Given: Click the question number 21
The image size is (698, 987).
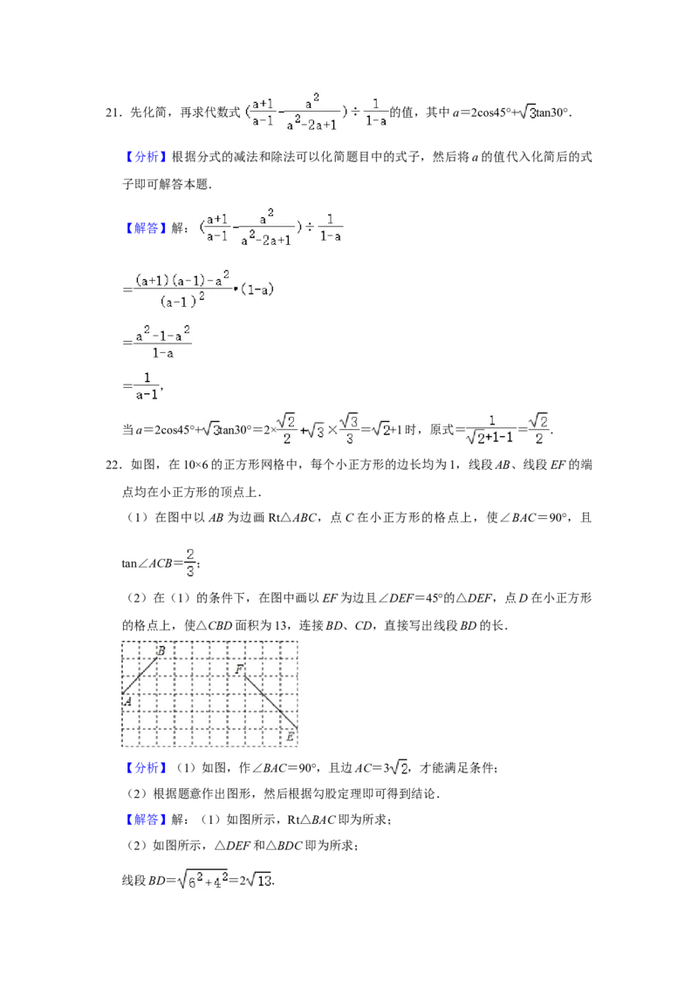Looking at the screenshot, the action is tap(113, 112).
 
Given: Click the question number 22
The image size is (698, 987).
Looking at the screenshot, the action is tap(113, 466).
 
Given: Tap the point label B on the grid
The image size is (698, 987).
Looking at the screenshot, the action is tap(161, 650).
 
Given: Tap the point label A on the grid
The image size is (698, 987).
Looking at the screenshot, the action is tap(127, 701).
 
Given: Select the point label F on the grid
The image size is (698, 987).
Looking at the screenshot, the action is tap(239, 669).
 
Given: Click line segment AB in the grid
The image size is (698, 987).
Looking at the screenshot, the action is tap(140, 676).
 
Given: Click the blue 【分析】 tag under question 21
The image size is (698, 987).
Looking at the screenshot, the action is tap(143, 157).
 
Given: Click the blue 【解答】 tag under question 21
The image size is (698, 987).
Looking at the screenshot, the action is tap(143, 228).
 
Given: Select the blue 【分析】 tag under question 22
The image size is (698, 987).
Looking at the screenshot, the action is tap(143, 768).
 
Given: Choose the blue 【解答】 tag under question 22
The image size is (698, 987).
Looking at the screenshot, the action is tap(143, 820).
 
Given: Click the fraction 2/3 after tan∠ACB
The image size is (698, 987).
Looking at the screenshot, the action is tap(190, 562).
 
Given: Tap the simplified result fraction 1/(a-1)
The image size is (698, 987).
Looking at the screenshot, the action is tap(147, 386).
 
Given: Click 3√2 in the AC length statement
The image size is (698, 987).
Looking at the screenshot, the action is tap(396, 768).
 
